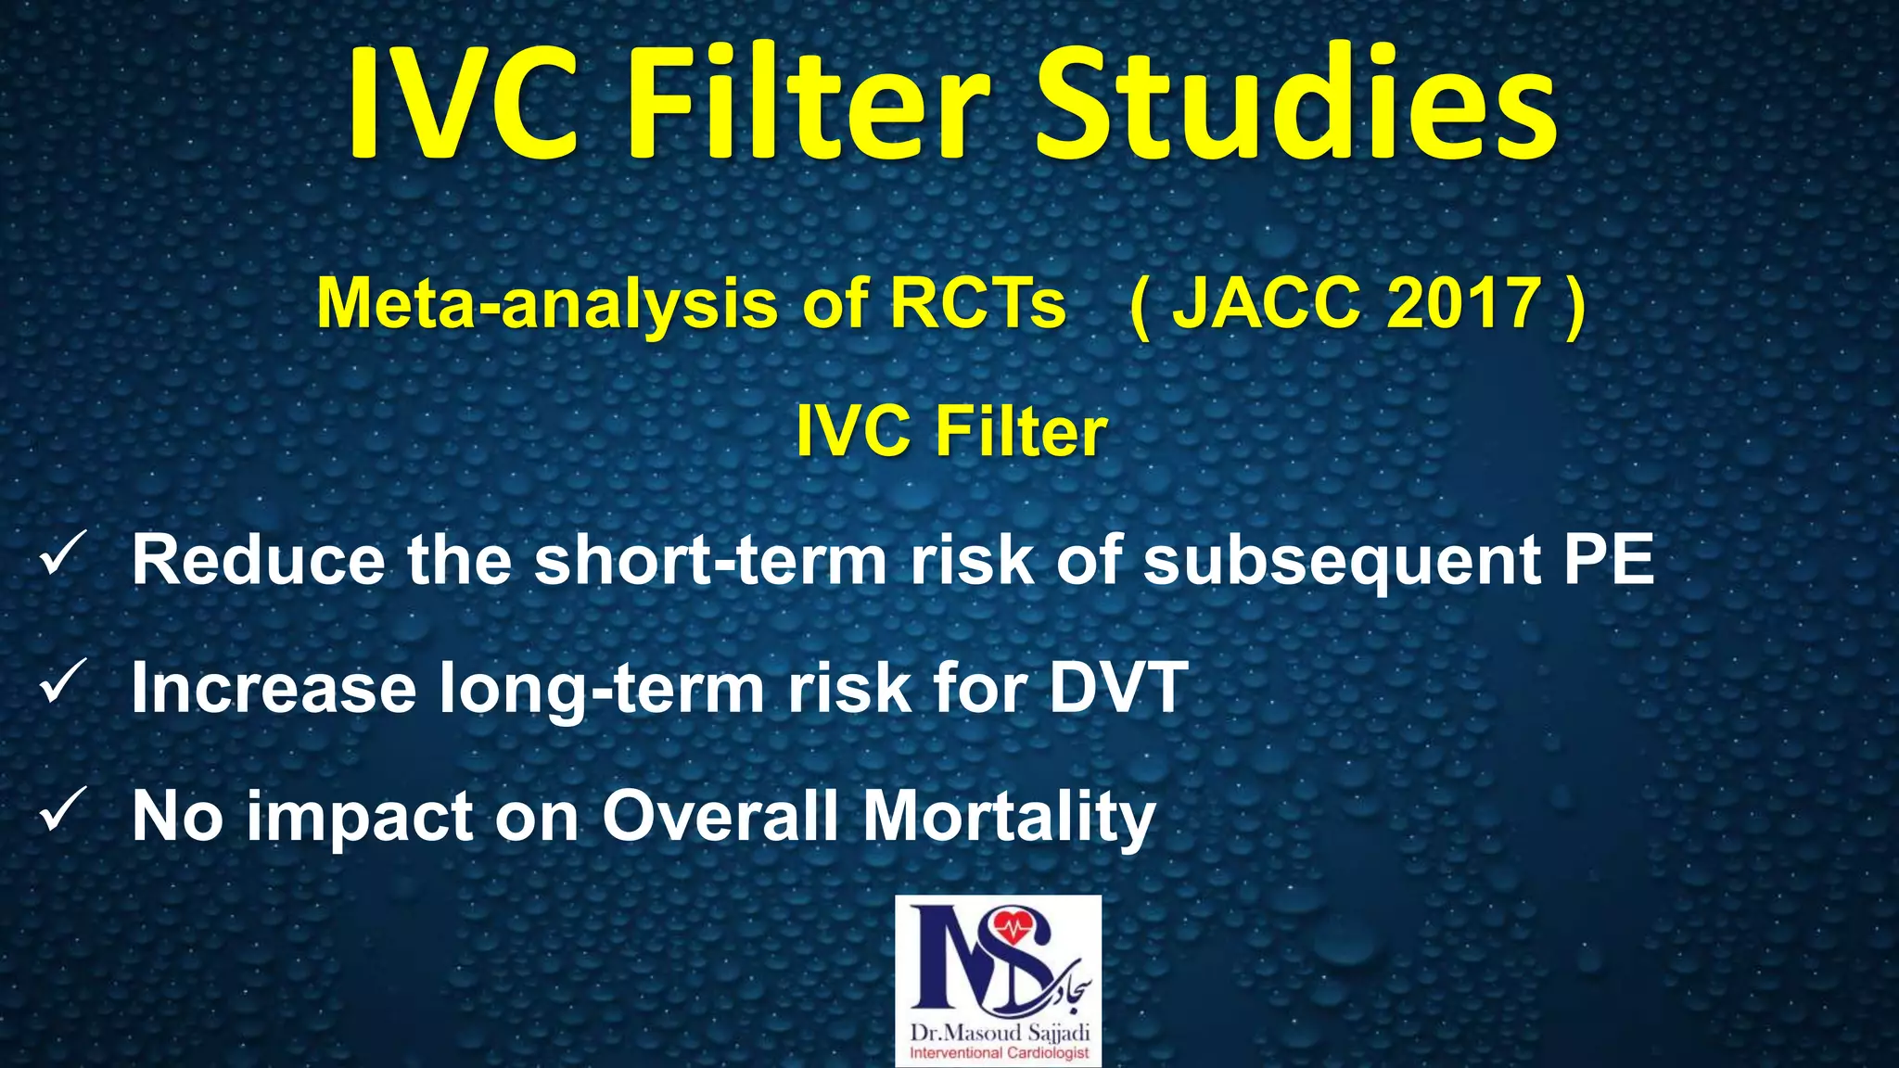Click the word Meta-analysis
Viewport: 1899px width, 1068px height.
[x=547, y=304]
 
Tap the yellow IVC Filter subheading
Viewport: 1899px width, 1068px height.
[x=951, y=432]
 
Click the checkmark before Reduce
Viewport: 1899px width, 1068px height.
[x=64, y=553]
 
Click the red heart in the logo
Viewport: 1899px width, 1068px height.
[x=1013, y=928]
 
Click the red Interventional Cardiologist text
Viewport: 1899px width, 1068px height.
[x=1000, y=1053]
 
